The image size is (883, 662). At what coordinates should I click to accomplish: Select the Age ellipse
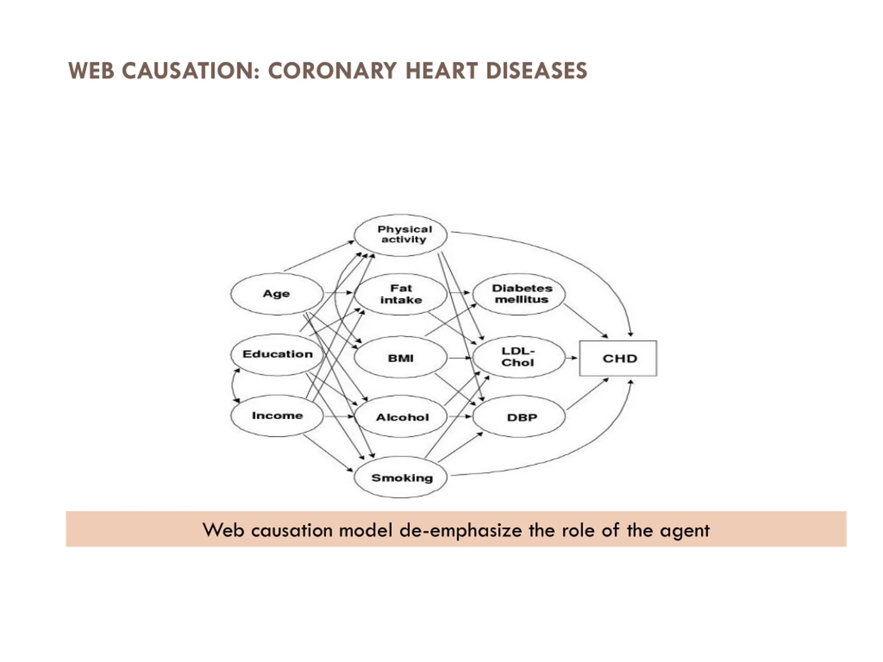(277, 294)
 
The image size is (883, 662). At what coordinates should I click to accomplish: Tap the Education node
(277, 354)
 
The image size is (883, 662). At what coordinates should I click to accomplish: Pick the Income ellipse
(277, 415)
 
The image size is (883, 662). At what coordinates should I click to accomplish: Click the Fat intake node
(400, 294)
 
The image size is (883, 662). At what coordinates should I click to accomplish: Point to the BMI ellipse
(400, 358)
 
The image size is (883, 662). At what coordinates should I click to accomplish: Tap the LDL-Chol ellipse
(518, 357)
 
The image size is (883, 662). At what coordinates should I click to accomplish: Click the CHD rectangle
(618, 358)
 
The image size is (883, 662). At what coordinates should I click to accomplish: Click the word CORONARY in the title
(333, 71)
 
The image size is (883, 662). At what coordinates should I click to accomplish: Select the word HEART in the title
(441, 71)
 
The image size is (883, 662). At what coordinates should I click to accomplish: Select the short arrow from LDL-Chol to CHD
(572, 358)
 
